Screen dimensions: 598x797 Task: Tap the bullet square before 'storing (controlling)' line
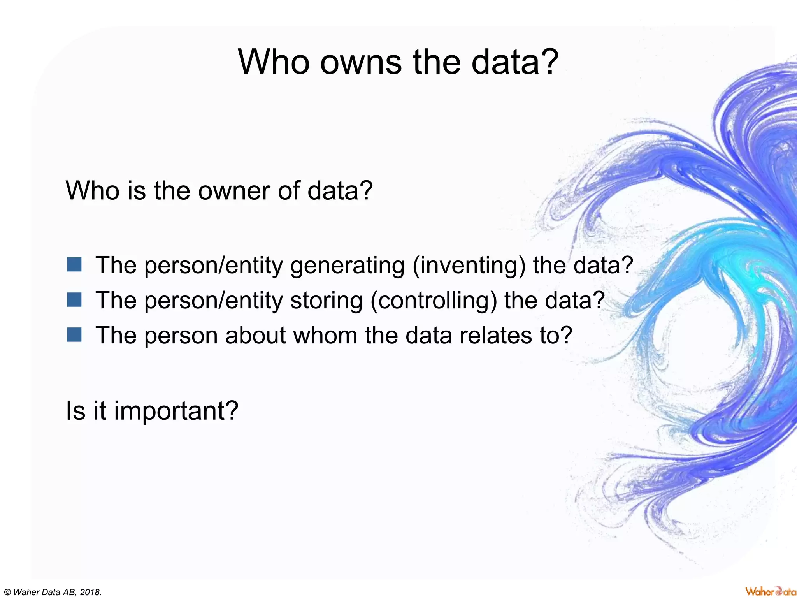coord(74,300)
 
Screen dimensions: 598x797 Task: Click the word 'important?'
coord(176,411)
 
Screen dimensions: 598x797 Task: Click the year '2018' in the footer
coord(90,593)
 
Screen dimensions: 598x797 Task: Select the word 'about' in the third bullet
coord(255,335)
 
